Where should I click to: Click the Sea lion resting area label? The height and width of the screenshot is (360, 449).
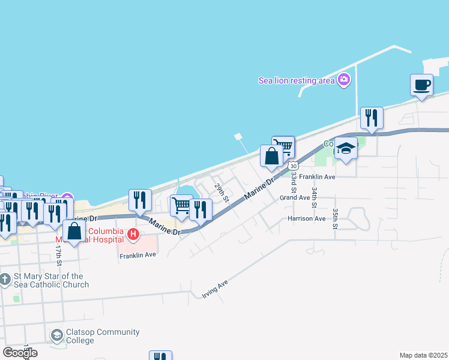295,80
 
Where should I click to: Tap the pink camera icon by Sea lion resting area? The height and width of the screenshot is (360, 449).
344,79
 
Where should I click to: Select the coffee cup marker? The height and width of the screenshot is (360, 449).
421,85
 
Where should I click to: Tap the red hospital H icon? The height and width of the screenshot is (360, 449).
134,234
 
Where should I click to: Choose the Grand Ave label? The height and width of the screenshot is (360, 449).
294,197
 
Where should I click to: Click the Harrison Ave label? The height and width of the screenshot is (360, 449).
306,218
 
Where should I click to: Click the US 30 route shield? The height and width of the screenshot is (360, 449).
292,164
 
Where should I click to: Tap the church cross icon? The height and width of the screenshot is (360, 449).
5,279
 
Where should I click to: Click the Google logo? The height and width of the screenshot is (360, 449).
20,352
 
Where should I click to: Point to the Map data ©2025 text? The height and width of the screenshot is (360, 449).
423,355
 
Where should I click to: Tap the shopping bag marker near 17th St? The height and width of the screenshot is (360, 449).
74,232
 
